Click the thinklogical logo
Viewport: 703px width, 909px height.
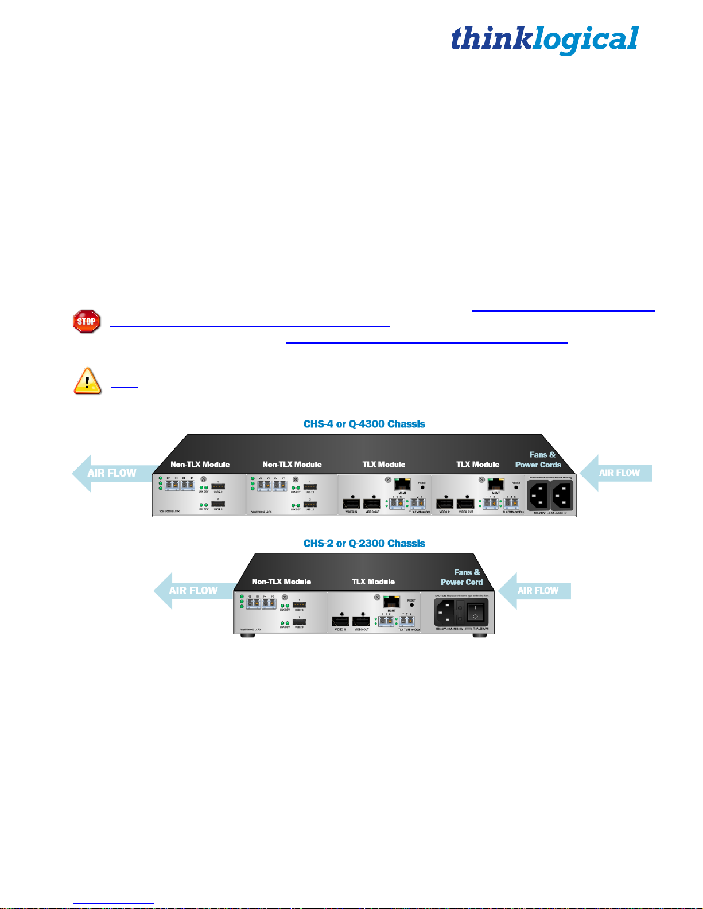point(544,40)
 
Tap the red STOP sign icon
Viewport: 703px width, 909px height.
point(87,321)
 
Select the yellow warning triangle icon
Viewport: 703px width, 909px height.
point(87,381)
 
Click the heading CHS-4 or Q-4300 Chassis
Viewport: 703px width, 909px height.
point(364,424)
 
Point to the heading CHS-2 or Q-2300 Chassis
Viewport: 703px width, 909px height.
point(364,543)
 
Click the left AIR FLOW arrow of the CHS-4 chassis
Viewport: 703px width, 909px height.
point(112,473)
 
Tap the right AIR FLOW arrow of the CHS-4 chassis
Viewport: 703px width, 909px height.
point(616,473)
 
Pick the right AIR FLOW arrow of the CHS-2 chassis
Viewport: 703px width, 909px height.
point(535,591)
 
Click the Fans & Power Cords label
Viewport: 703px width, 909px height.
point(538,459)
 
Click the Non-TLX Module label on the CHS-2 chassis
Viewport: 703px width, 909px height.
point(281,582)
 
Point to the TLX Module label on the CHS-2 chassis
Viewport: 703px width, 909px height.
point(373,582)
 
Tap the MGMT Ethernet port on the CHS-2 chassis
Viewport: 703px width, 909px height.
point(391,602)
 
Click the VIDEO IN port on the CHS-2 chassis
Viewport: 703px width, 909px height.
point(340,621)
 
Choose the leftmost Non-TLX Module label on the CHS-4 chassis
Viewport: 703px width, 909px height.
point(200,465)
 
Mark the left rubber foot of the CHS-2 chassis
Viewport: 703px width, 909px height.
point(247,635)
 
